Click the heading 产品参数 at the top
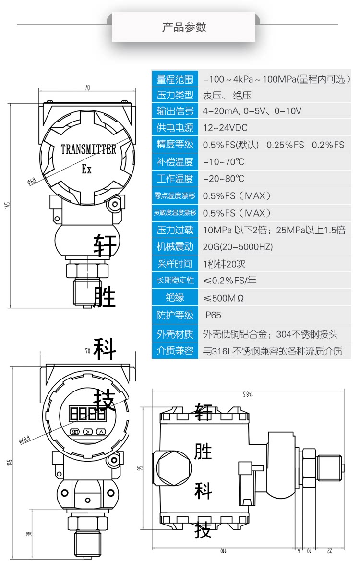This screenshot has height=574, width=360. [x=184, y=27]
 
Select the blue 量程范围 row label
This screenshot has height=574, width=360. [x=175, y=79]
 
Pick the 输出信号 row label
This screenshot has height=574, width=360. [x=175, y=111]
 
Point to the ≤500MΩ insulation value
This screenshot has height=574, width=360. [x=224, y=298]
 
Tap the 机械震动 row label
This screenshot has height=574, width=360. [x=175, y=247]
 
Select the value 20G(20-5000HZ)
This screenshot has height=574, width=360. [x=238, y=247]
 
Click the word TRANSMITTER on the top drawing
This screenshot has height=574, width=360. [x=88, y=149]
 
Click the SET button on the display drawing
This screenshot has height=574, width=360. [x=75, y=431]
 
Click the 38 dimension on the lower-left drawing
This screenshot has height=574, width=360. [x=28, y=534]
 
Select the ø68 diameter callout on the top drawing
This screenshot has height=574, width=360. [x=32, y=181]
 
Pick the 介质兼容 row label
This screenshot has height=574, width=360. [x=175, y=351]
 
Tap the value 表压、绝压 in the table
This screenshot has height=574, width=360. [x=227, y=95]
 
